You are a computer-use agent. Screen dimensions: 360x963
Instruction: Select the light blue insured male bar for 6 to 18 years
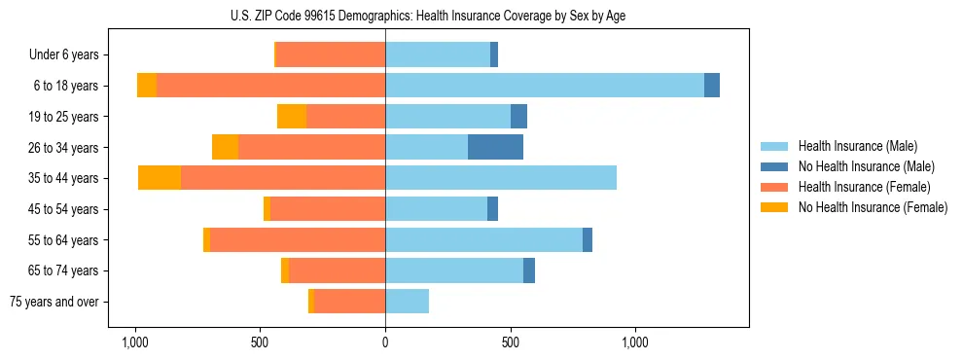[x=545, y=86]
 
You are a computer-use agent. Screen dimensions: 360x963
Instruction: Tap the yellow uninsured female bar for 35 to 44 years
[x=160, y=178]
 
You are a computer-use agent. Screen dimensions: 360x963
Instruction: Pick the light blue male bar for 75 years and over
[x=407, y=302]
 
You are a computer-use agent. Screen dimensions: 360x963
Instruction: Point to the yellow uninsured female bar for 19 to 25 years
[x=292, y=117]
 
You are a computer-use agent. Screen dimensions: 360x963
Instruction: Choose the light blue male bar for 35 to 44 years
[x=501, y=178]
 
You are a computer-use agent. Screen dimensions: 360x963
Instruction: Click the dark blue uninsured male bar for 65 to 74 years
[x=529, y=270]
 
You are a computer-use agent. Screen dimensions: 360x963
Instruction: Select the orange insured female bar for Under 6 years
[x=331, y=54]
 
